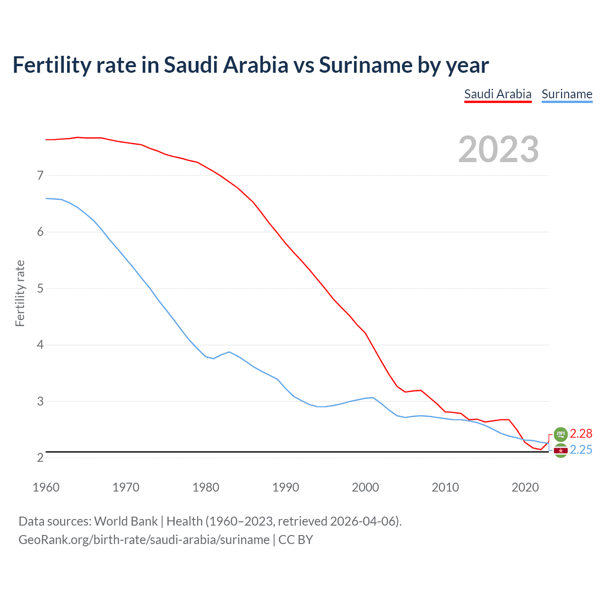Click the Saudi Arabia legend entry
click(x=498, y=94)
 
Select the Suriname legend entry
click(x=567, y=94)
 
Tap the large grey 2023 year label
click(x=498, y=149)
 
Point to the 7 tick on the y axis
click(x=40, y=175)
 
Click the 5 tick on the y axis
click(x=40, y=288)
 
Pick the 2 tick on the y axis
click(x=40, y=458)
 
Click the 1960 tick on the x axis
click(x=46, y=487)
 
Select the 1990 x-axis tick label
click(x=285, y=487)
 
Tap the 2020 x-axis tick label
click(x=525, y=487)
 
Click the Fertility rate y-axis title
click(x=20, y=293)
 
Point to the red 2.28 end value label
click(x=581, y=433)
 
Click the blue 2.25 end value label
click(x=581, y=449)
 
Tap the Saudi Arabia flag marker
click(x=561, y=434)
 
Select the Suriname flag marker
click(x=561, y=451)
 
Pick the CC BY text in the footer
click(x=295, y=540)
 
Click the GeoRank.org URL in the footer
click(x=144, y=540)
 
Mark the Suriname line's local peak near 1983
click(x=229, y=352)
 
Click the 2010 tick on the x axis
click(x=445, y=487)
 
